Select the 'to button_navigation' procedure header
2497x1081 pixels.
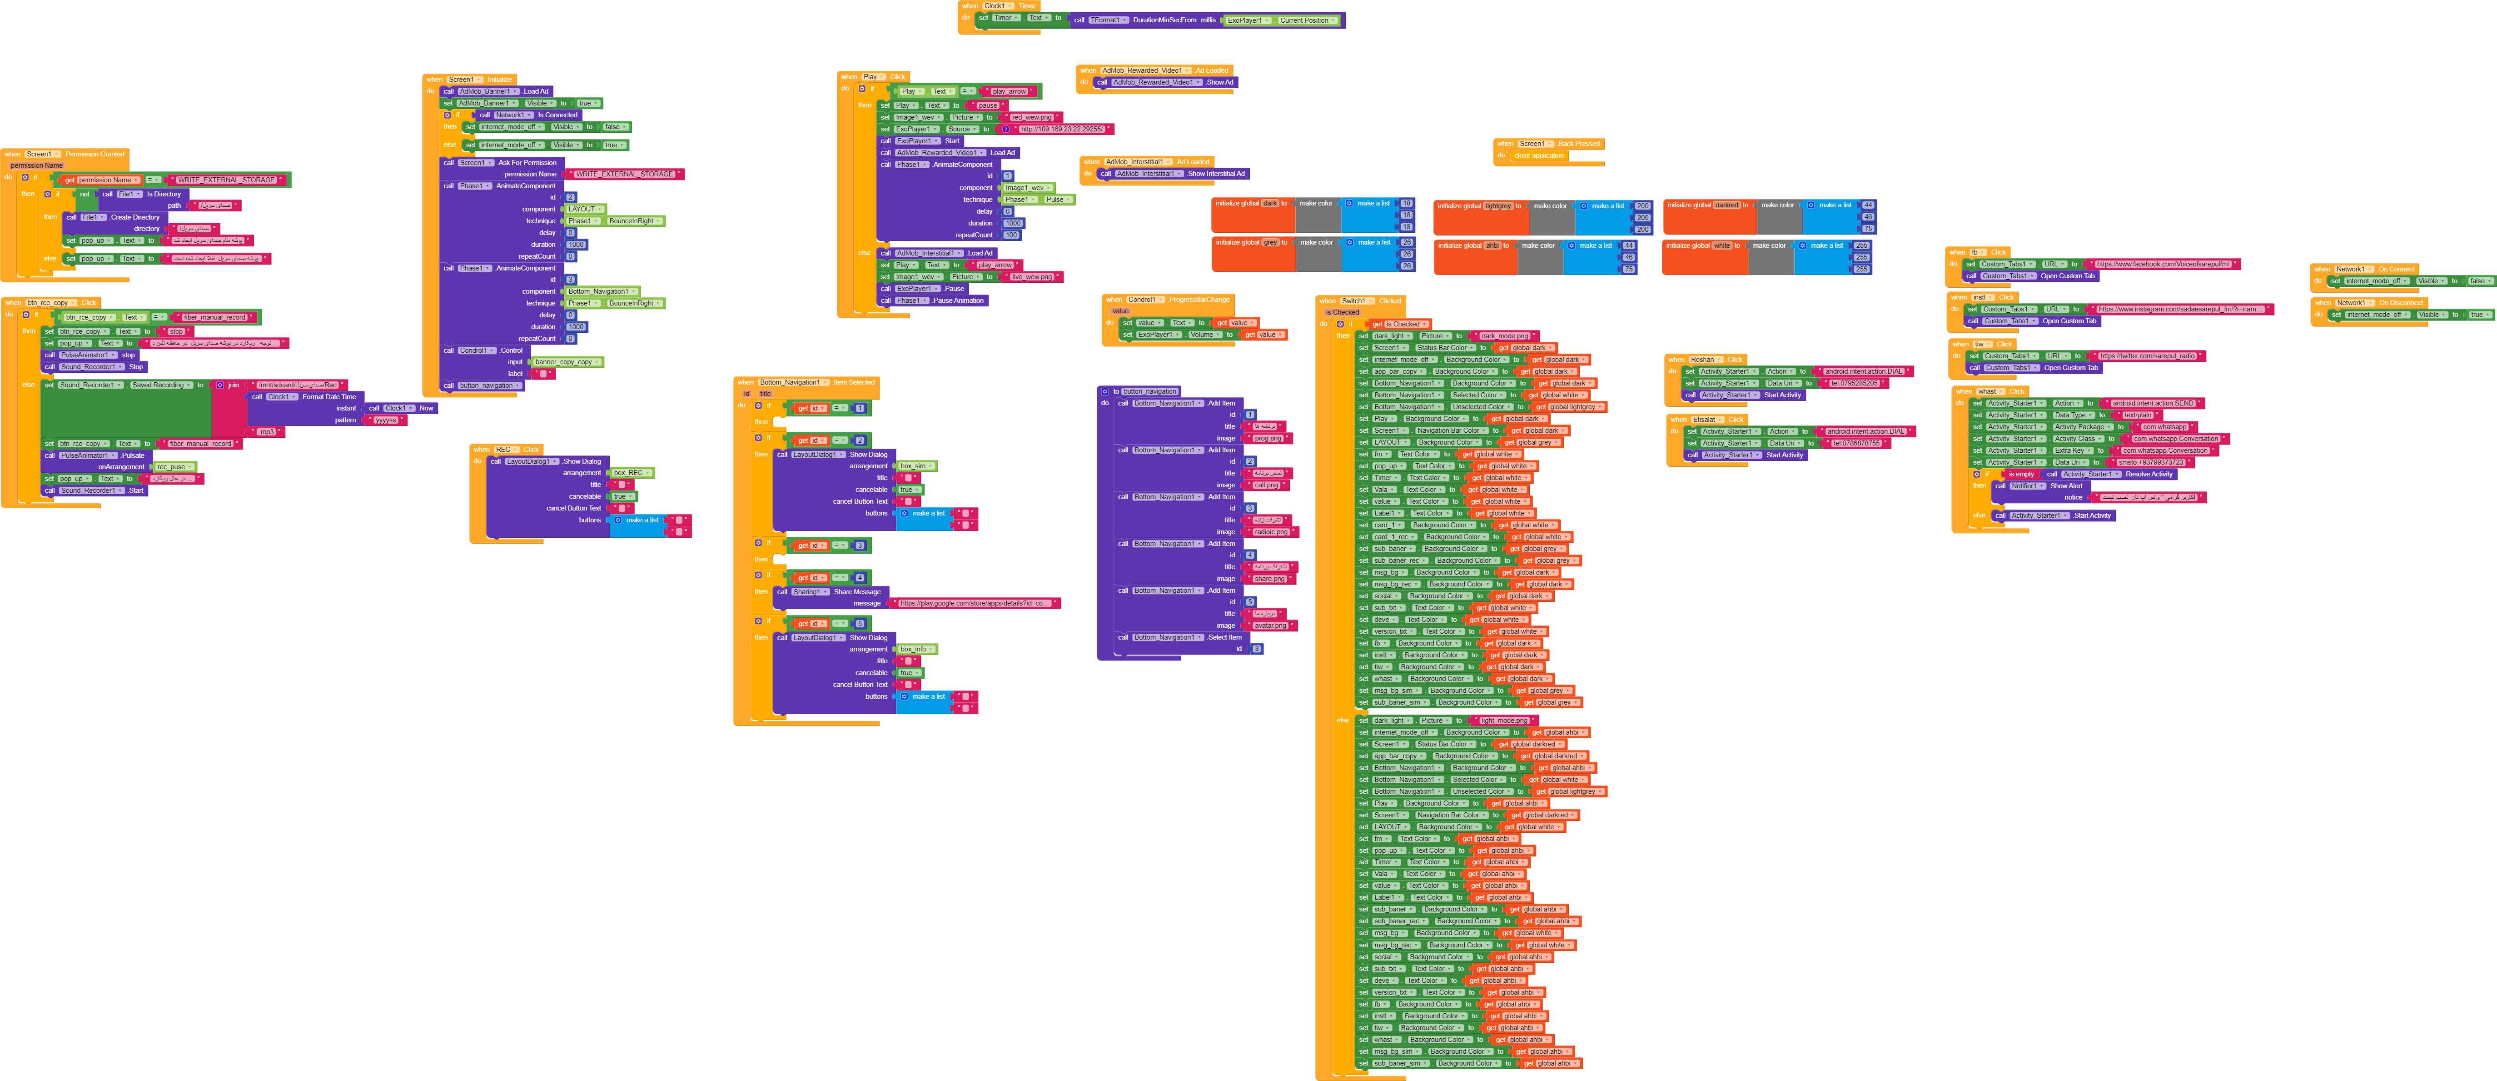click(x=1144, y=392)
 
